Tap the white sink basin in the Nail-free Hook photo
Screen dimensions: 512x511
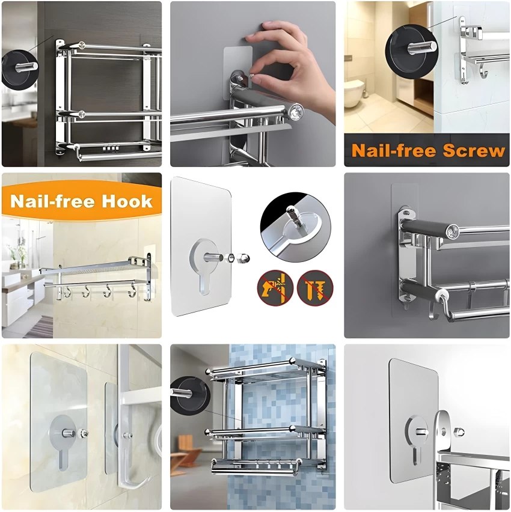15,279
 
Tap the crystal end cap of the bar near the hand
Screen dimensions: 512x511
296,111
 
